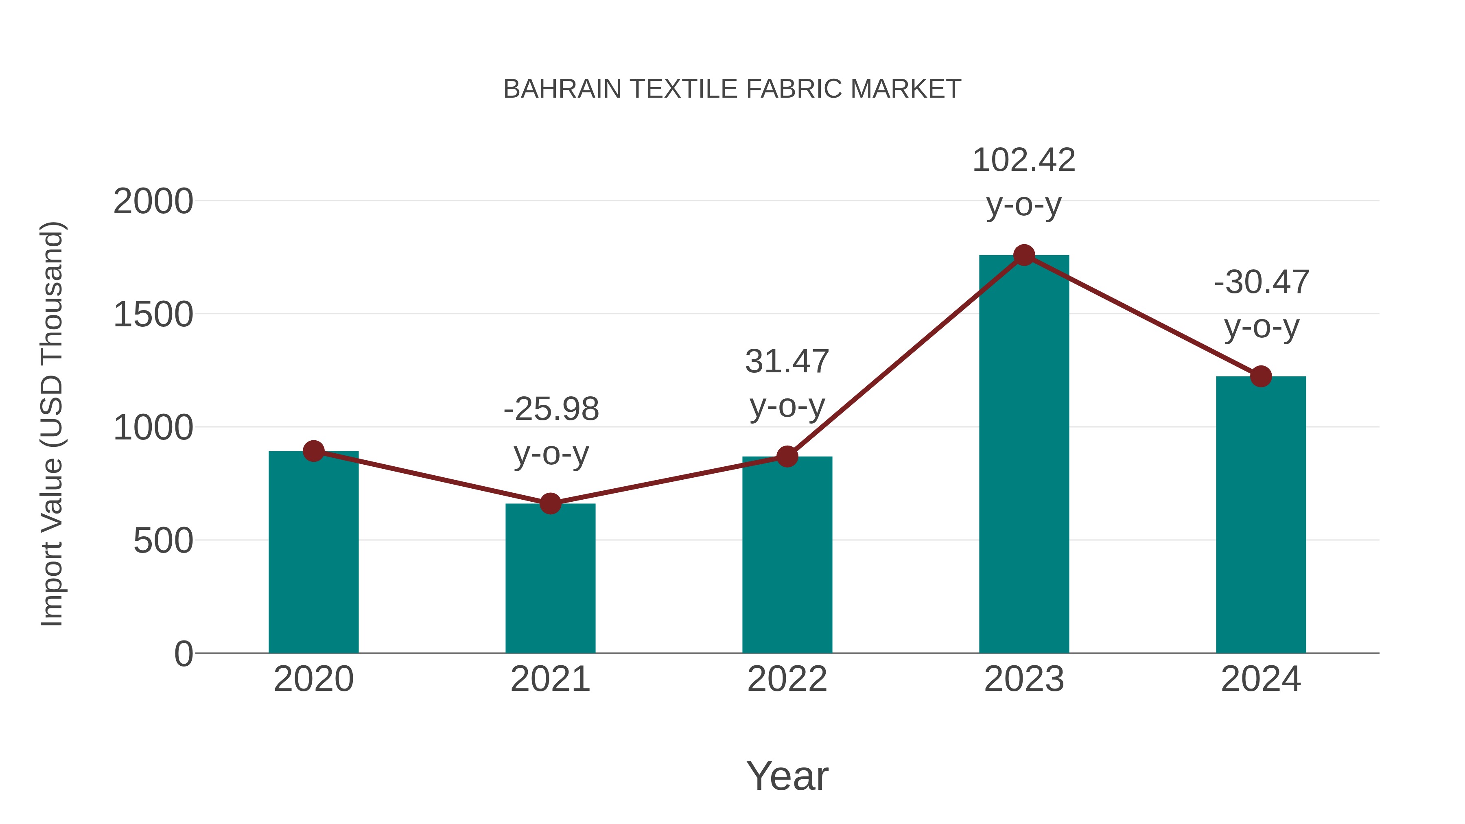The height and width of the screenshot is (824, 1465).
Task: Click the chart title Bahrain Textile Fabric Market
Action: (732, 89)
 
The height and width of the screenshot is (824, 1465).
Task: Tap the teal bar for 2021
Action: (550, 580)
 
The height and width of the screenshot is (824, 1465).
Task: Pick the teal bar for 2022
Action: (787, 557)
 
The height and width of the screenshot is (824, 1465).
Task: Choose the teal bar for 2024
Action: (1261, 518)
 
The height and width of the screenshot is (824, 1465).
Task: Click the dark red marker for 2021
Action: (550, 503)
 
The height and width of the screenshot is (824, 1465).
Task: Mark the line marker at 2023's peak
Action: (1024, 255)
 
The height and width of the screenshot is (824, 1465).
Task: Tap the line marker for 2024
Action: (1261, 376)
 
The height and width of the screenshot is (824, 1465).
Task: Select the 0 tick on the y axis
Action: (183, 654)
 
